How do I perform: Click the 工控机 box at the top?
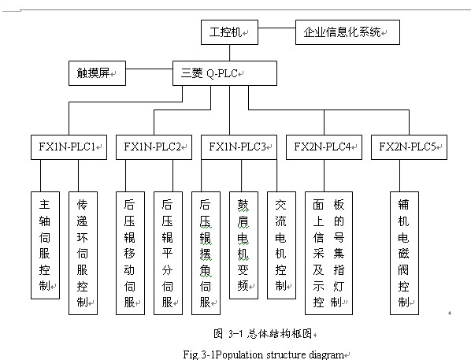(x=229, y=32)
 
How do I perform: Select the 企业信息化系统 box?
(x=347, y=32)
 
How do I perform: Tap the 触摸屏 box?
(x=97, y=73)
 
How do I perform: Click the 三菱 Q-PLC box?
(x=224, y=73)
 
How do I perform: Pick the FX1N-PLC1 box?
(x=69, y=147)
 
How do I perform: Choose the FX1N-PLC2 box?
(x=154, y=147)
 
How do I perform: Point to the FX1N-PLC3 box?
(x=239, y=147)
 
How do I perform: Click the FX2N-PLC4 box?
(x=324, y=147)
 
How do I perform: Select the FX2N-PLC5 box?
(x=409, y=147)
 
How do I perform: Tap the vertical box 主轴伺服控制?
(x=45, y=245)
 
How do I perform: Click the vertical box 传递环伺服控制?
(x=83, y=253)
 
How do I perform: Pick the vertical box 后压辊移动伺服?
(x=131, y=253)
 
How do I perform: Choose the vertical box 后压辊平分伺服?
(x=169, y=253)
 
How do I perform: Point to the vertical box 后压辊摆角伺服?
(x=206, y=253)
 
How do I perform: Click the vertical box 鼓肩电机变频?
(x=243, y=245)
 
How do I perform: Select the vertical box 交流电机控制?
(x=281, y=245)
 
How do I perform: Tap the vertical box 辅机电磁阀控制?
(x=404, y=253)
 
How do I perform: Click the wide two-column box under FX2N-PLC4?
(x=328, y=253)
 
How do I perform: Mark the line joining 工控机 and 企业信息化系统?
(x=276, y=28)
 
